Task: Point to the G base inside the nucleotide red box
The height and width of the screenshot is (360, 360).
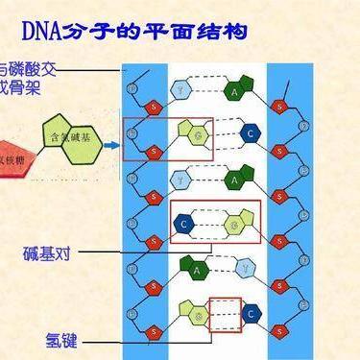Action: click(x=198, y=135)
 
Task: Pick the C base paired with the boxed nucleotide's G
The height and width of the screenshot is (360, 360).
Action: click(x=251, y=133)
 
